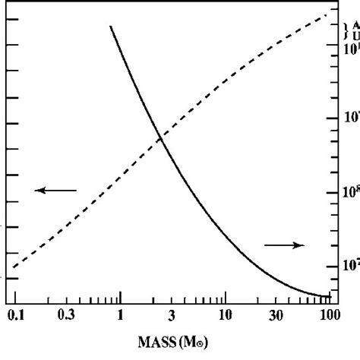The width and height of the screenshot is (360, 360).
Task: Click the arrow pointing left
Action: [55, 190]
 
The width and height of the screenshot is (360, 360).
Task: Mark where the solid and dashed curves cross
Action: [160, 137]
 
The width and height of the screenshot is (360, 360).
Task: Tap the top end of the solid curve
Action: [110, 27]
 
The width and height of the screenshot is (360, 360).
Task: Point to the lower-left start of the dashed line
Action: [14, 269]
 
